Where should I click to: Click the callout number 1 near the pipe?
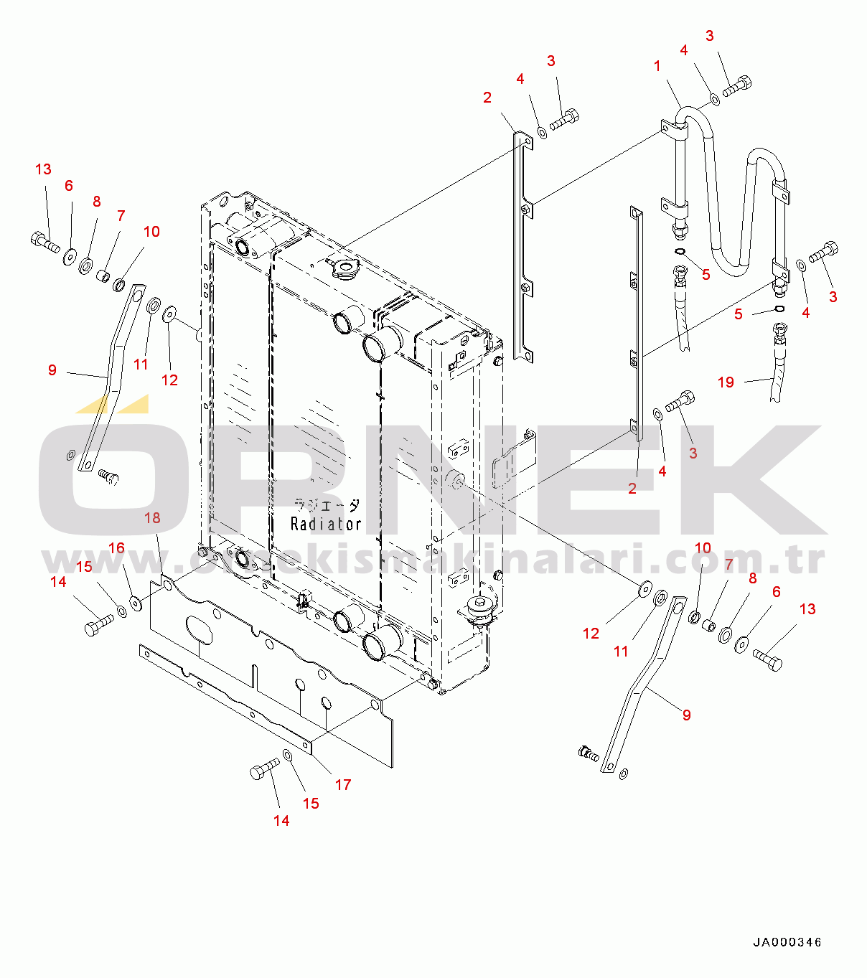pyautogui.click(x=657, y=67)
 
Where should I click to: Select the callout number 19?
pyautogui.click(x=726, y=382)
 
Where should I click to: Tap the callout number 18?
pyautogui.click(x=152, y=518)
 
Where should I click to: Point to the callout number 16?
pyautogui.click(x=116, y=548)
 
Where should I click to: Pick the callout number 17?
pyautogui.click(x=343, y=784)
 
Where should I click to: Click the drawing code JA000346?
pyautogui.click(x=787, y=942)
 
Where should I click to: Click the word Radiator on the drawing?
pyautogui.click(x=326, y=525)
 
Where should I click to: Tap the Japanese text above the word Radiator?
pyautogui.click(x=327, y=505)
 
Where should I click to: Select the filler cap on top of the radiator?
pyautogui.click(x=342, y=269)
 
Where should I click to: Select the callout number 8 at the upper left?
pyautogui.click(x=97, y=202)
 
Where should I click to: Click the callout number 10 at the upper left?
pyautogui.click(x=151, y=232)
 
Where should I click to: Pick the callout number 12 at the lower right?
pyautogui.click(x=591, y=633)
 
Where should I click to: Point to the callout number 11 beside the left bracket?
pyautogui.click(x=141, y=365)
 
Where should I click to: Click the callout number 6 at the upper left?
pyautogui.click(x=69, y=186)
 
